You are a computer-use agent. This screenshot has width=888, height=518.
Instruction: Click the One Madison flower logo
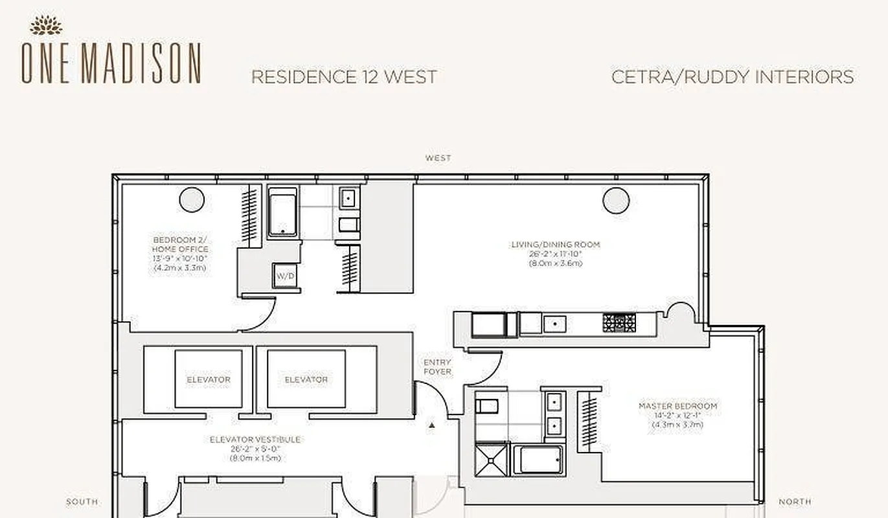point(46,25)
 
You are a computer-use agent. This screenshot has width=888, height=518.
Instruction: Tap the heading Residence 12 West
point(343,77)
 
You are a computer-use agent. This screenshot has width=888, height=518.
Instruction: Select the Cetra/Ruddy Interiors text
point(732,77)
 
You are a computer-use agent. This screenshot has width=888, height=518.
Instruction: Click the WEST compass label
point(438,158)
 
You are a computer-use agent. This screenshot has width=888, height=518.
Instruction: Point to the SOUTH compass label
point(82,502)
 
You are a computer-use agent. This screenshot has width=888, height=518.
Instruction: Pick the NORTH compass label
point(795,502)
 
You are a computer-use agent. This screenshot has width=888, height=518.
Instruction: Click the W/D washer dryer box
point(285,276)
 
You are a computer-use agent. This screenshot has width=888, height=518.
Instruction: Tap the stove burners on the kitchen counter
point(619,322)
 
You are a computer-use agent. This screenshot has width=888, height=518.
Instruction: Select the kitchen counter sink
point(554,323)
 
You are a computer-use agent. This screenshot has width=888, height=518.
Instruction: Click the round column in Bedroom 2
point(192,199)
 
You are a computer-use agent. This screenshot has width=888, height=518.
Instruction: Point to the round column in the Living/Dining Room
point(616,200)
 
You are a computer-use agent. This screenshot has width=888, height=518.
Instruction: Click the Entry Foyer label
point(437,367)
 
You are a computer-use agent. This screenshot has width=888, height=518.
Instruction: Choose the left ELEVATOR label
point(209,379)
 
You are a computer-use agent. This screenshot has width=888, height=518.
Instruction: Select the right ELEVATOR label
point(306,379)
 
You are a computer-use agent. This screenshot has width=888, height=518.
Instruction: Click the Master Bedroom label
point(677,406)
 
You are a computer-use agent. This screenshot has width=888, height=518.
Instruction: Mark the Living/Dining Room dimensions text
point(555,259)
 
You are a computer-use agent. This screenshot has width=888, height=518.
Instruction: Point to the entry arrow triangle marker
point(432,425)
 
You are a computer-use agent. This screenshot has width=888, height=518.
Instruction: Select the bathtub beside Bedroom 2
point(283,212)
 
